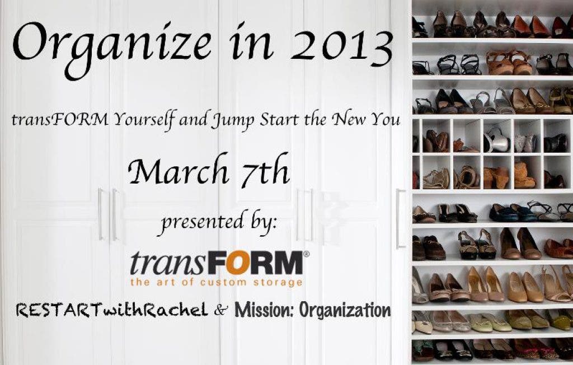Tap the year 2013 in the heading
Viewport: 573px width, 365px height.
click(x=341, y=48)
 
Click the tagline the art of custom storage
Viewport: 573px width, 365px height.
click(x=217, y=282)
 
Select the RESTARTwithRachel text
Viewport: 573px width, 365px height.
click(x=112, y=311)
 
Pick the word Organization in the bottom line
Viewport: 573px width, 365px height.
click(x=345, y=311)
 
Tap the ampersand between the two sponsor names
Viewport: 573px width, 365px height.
click(x=221, y=311)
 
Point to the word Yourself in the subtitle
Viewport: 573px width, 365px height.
click(x=145, y=119)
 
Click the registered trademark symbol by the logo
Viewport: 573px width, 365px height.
click(x=306, y=254)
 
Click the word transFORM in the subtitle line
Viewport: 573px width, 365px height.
click(x=60, y=120)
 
